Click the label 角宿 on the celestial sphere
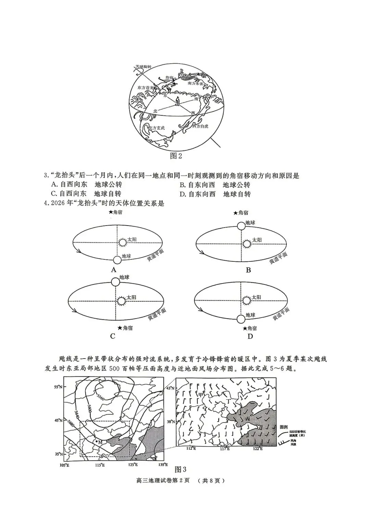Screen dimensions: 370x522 (169, 77)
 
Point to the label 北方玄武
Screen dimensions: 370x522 (156, 128)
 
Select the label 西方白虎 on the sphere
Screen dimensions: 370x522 (201, 126)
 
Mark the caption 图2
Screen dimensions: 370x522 (176, 156)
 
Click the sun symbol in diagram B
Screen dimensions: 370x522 (246, 244)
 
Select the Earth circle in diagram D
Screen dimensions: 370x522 (241, 319)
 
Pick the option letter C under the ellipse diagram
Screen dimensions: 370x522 (113, 336)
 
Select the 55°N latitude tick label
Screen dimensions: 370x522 (58, 387)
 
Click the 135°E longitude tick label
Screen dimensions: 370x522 (163, 465)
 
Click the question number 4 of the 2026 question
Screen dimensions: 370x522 (45, 203)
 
